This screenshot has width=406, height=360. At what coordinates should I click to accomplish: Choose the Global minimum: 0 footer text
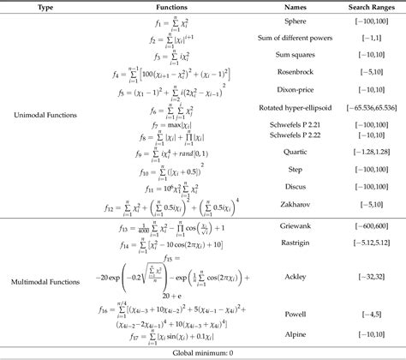tap(203, 352)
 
